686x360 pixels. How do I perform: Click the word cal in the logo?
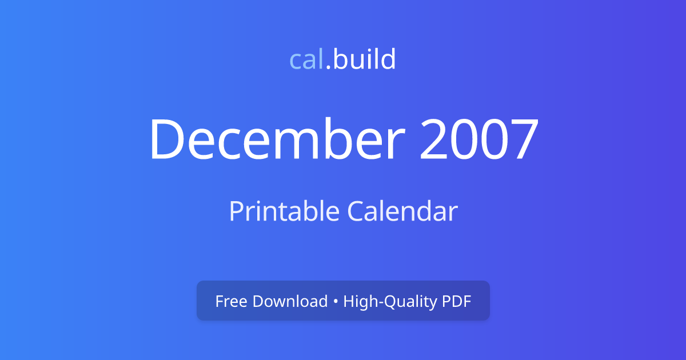(307, 59)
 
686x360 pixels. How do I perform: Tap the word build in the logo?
(364, 59)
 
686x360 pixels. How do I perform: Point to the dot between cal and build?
(328, 68)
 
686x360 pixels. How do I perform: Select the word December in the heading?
(277, 140)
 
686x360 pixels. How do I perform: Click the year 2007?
(479, 140)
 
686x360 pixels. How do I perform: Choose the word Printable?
(284, 212)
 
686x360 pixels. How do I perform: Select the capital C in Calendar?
(355, 211)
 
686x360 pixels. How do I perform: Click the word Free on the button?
(230, 301)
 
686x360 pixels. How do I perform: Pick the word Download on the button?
(289, 301)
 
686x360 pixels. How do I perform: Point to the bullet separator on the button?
(336, 302)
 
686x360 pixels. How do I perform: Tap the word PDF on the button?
(456, 301)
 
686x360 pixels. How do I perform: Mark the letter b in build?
(340, 59)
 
